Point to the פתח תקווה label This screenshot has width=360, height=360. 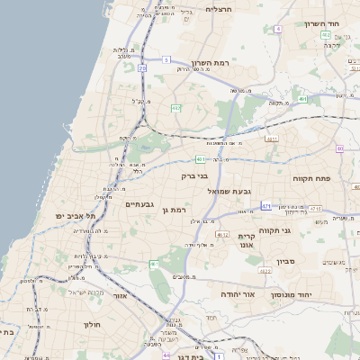click(x=313, y=179)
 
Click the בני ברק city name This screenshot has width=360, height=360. click(x=194, y=177)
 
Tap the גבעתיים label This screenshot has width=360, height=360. click(x=141, y=204)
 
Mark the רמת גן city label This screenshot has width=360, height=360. click(x=174, y=211)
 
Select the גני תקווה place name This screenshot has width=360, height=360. click(x=274, y=231)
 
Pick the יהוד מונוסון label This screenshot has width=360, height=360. click(x=317, y=294)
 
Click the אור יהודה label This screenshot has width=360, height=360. click(x=238, y=294)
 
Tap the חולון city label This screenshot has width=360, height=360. click(x=94, y=324)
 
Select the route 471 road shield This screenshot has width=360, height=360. click(x=266, y=206)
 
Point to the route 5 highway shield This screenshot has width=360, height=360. click(x=166, y=60)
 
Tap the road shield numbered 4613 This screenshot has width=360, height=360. click(x=272, y=139)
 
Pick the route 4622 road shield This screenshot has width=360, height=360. click(x=265, y=270)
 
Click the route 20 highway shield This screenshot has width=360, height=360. click(x=142, y=67)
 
